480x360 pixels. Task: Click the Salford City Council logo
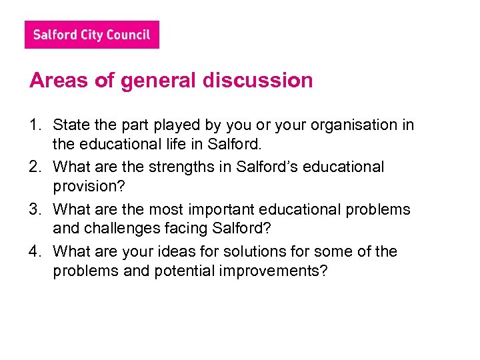pos(92,35)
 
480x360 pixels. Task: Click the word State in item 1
pos(69,125)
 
